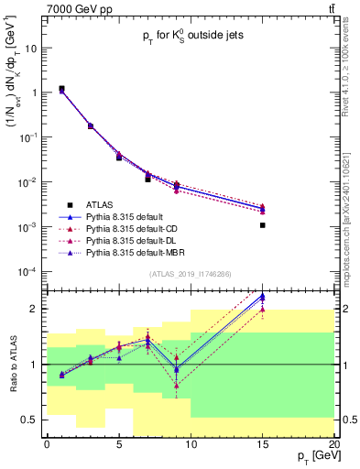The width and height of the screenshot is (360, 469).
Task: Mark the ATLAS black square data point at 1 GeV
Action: coord(61,89)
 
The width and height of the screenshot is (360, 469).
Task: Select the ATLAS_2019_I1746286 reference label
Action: coord(190,274)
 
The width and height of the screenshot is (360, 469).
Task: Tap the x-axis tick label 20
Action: coord(334,444)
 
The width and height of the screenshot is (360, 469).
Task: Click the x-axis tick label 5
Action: coord(118,444)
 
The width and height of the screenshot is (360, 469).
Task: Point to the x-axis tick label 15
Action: coord(263,444)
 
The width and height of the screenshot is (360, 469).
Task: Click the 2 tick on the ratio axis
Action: coord(37,309)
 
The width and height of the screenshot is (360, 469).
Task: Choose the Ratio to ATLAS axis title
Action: coord(12,366)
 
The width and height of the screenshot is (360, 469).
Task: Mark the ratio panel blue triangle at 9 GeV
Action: coord(177,368)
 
